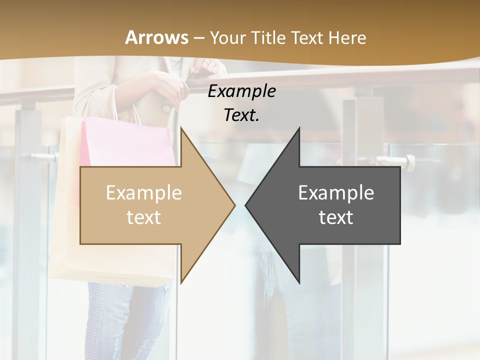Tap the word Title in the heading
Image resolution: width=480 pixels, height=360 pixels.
(x=266, y=37)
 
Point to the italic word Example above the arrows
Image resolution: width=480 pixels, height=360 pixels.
(x=241, y=91)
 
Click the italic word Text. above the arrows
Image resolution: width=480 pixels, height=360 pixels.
(x=241, y=115)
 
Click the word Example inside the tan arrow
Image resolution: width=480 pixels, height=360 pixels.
(x=144, y=193)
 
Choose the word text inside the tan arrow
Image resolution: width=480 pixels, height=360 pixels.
(x=144, y=217)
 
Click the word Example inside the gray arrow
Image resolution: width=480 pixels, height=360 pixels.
(x=336, y=193)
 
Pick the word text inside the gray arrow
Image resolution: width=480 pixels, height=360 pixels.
(x=336, y=217)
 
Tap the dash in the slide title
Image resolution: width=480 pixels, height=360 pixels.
(x=198, y=38)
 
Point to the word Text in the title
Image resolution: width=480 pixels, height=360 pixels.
(x=306, y=37)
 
